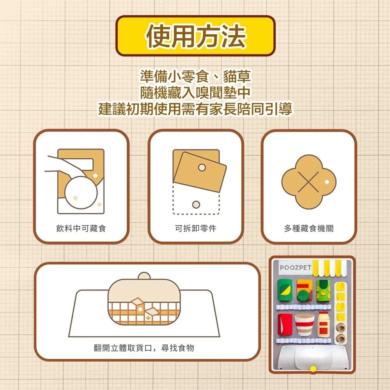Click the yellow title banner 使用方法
[195, 36]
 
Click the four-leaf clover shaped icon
[308, 182]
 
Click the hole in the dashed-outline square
[196, 205]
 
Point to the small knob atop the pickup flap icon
[144, 276]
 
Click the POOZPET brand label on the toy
[296, 268]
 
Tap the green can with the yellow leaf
[284, 290]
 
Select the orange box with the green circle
[303, 291]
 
